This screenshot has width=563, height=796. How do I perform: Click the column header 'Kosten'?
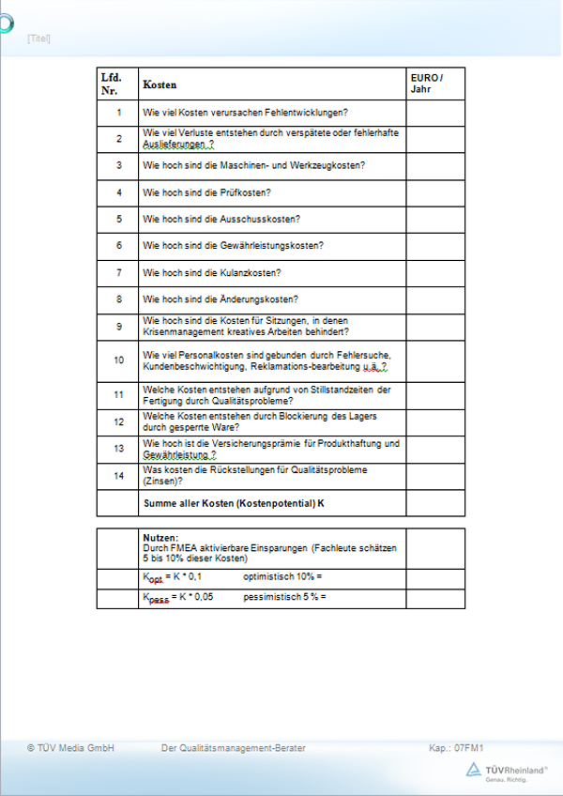pos(160,84)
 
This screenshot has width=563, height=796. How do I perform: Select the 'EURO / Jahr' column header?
pos(426,83)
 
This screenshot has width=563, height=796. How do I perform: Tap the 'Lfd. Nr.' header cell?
pos(111,83)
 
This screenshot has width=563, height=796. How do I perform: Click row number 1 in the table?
pos(119,113)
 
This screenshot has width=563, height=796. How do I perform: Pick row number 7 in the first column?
pos(119,273)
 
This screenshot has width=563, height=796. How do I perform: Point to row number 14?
pos(119,476)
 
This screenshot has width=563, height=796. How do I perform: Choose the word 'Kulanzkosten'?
pos(256,273)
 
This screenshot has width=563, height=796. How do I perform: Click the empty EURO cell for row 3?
pos(434,166)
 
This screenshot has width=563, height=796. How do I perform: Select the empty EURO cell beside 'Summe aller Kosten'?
pos(434,503)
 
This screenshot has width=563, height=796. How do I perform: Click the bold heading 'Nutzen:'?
pos(160,537)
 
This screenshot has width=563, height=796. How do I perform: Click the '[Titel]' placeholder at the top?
pos(39,38)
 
